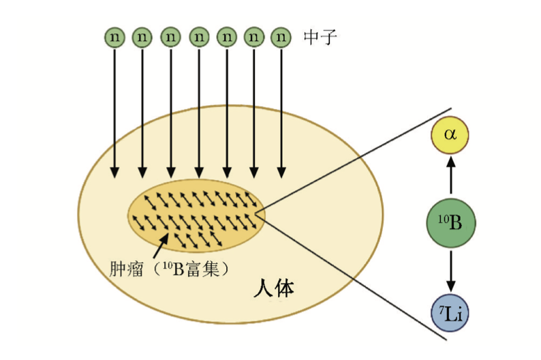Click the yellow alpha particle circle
[450, 134]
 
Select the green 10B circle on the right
[450, 222]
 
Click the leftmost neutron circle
[114, 35]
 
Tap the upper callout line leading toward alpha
[354, 161]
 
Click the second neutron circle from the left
[142, 35]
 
